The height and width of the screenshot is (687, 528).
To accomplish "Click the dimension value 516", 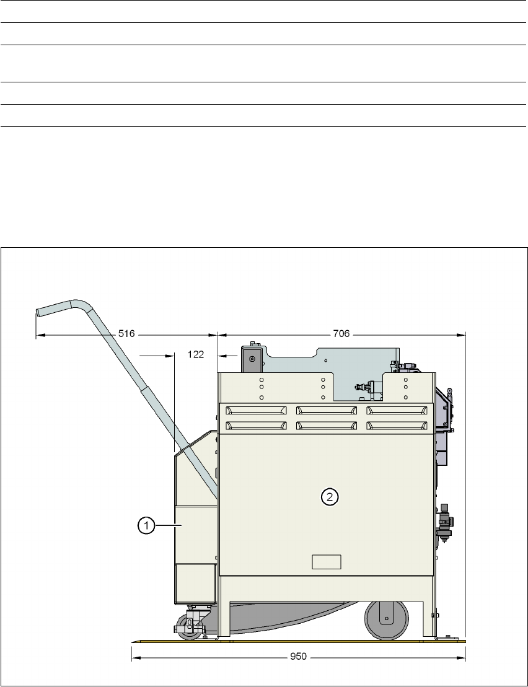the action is click(126, 334).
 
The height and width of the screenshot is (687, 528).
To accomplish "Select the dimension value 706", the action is click(341, 334).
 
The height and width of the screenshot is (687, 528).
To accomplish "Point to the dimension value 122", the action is click(196, 354).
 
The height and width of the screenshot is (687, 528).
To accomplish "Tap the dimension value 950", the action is click(299, 657).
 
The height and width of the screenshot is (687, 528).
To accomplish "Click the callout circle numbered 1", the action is click(146, 525).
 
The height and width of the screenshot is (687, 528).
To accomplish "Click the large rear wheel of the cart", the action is click(385, 619).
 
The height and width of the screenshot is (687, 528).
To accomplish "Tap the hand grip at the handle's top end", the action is click(54, 307).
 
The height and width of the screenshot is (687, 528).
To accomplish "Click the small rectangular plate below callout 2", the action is click(327, 562).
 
